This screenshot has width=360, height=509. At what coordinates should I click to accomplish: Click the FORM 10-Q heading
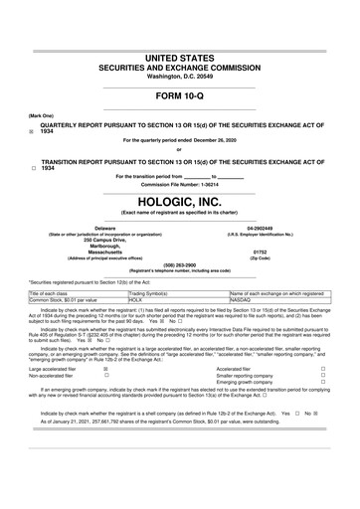click(180, 96)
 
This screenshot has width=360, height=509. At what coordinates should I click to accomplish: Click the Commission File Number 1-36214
click(201, 183)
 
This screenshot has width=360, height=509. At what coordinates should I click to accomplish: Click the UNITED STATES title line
click(180, 32)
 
